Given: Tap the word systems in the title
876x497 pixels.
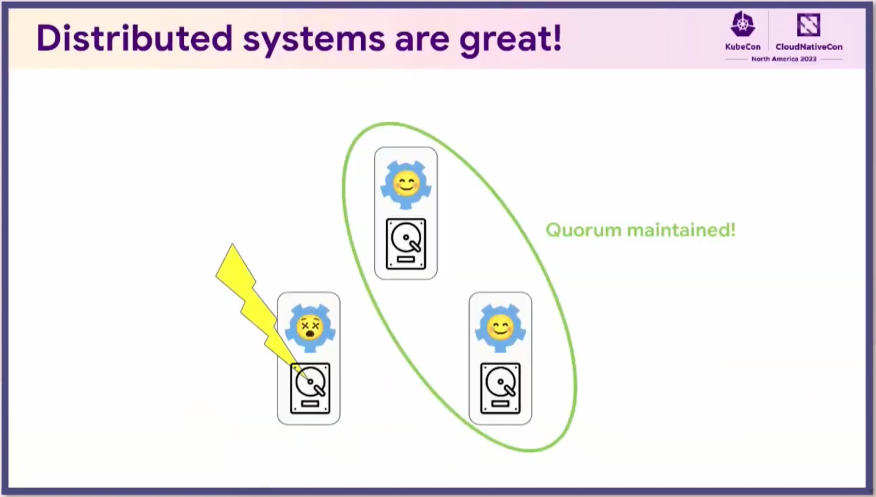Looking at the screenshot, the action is pos(314,41).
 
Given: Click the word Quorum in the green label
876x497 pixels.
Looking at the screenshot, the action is pos(584,230).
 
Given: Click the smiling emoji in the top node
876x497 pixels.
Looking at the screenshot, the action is pos(406,183).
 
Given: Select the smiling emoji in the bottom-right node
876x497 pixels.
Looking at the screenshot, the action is pos(500,327).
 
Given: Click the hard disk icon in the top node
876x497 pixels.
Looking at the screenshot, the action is pos(406,244).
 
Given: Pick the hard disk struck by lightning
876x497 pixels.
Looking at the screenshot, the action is pos(310,388).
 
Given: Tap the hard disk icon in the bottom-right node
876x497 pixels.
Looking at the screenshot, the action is pos(500,388).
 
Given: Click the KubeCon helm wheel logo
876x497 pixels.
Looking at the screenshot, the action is pos(743,24).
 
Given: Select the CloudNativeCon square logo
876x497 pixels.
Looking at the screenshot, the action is pos(809,24).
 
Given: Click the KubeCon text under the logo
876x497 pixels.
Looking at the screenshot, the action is pos(743,47).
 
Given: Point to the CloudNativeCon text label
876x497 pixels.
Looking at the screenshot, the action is pos(809,47).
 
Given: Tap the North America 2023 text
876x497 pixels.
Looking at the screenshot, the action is pos(784,59).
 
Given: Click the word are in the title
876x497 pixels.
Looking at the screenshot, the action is pos(422,41).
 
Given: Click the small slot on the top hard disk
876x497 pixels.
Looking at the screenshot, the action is pos(406,260).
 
